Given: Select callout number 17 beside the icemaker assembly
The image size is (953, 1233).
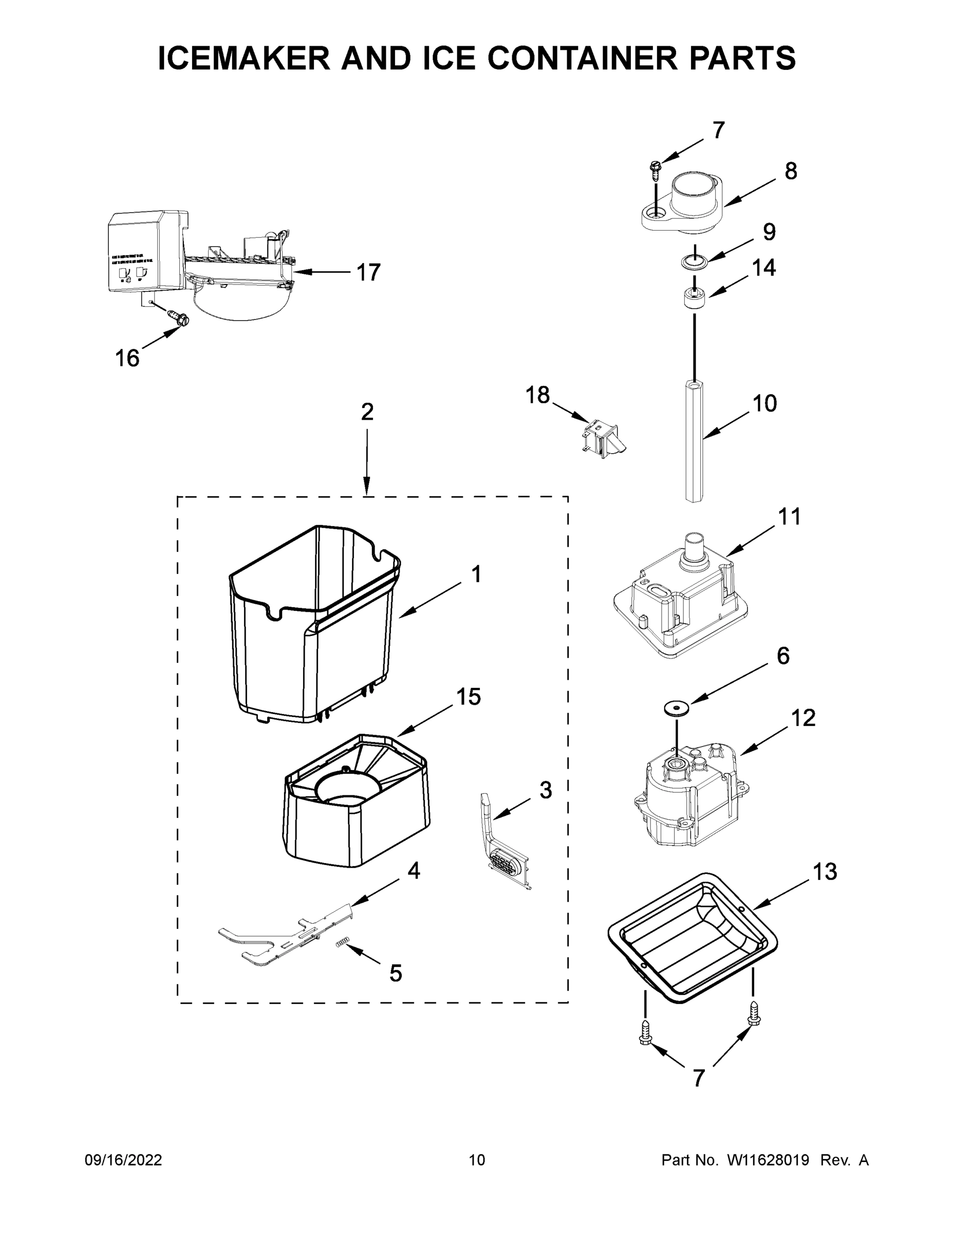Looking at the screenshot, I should pyautogui.click(x=368, y=273).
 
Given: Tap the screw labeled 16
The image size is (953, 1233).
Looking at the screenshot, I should pyautogui.click(x=180, y=317).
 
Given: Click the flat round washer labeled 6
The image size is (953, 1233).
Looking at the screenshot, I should pyautogui.click(x=676, y=707).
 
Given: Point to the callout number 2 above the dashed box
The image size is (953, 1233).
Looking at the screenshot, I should pyautogui.click(x=367, y=412).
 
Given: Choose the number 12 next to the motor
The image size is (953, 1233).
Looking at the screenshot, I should pyautogui.click(x=803, y=718).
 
